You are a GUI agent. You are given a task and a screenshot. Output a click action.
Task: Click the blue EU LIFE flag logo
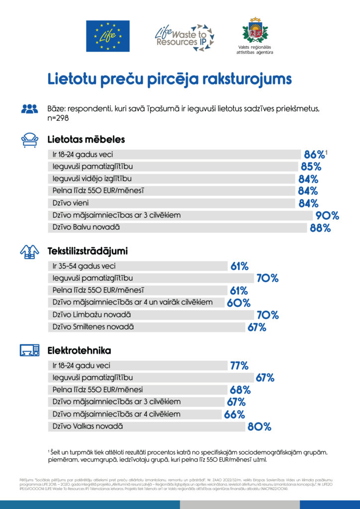(108, 36)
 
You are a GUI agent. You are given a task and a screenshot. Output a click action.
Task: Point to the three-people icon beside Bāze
(29, 108)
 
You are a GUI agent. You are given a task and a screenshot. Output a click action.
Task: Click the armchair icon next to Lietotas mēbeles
(29, 140)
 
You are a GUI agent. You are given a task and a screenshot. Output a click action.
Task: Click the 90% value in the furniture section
(328, 216)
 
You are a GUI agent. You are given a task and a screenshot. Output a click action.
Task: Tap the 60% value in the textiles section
(239, 303)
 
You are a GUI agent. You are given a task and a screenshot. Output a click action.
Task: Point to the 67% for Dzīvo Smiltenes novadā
(257, 327)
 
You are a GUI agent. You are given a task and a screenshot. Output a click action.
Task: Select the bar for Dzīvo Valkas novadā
(147, 426)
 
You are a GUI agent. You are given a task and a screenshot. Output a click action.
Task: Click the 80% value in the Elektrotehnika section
(260, 426)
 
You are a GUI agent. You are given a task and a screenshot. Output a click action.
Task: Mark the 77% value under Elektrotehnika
(239, 366)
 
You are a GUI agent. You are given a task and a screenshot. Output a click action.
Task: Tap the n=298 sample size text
(58, 118)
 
